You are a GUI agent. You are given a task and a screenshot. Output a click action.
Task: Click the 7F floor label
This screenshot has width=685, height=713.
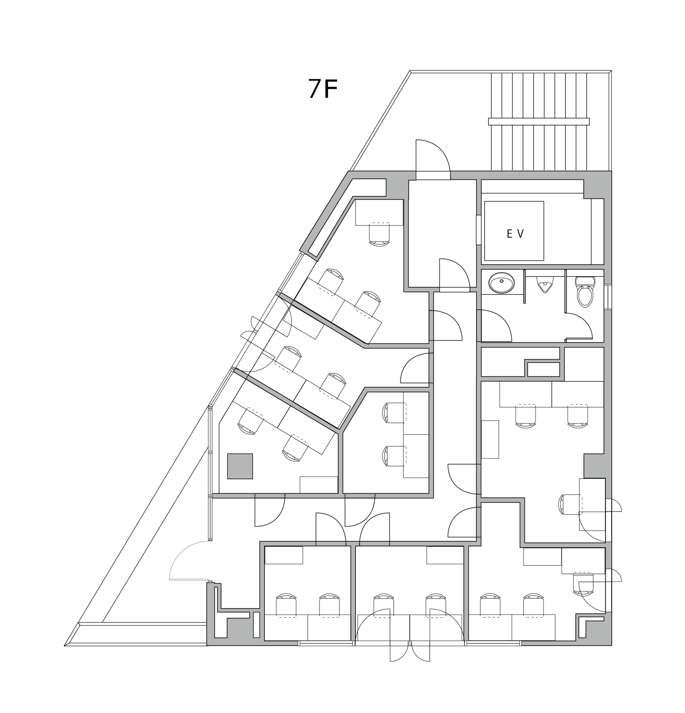[x=323, y=89]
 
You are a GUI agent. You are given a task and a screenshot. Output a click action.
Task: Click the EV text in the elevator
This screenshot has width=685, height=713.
[x=515, y=234]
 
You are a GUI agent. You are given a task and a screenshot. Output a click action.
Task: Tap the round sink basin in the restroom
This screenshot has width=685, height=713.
[x=502, y=282]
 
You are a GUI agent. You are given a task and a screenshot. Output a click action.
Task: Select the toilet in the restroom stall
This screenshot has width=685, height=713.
[x=585, y=291]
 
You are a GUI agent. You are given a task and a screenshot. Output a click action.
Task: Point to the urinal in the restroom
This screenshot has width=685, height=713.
[x=545, y=284]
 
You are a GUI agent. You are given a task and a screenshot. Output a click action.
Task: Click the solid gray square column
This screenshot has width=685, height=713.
[x=240, y=466]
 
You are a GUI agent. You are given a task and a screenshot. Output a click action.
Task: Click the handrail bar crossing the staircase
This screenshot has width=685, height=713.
[x=539, y=121]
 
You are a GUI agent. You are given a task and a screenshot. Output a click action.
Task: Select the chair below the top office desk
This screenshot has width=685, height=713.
[x=379, y=234]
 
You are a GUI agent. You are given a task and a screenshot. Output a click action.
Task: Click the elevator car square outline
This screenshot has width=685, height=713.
[x=514, y=231]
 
